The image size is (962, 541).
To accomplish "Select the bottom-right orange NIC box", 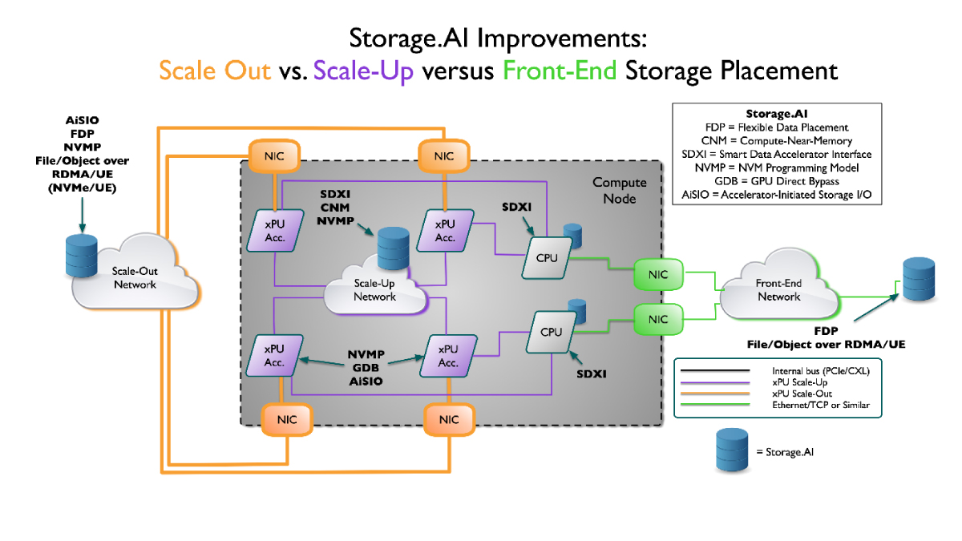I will coord(449,418).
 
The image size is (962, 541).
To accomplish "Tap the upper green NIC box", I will coord(657,274).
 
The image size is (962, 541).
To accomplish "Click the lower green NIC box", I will coord(657,319).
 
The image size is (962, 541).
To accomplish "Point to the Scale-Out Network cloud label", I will coord(135,278).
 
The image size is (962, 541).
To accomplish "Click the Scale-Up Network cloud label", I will coord(375,290).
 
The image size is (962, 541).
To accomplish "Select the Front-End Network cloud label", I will coord(778,290).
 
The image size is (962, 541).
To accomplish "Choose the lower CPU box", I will coord(552,331).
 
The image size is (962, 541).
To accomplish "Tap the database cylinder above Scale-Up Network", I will coord(393,248).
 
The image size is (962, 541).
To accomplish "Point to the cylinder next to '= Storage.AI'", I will coord(731,451).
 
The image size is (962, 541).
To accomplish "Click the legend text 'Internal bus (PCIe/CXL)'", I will coord(821,371).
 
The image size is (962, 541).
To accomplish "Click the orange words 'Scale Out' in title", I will coord(215,71).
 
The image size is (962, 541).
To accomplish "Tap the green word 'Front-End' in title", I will coord(560,71).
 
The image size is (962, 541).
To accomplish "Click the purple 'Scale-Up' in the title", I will coord(364,71).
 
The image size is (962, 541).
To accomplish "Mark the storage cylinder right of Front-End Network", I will coord(918,279).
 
